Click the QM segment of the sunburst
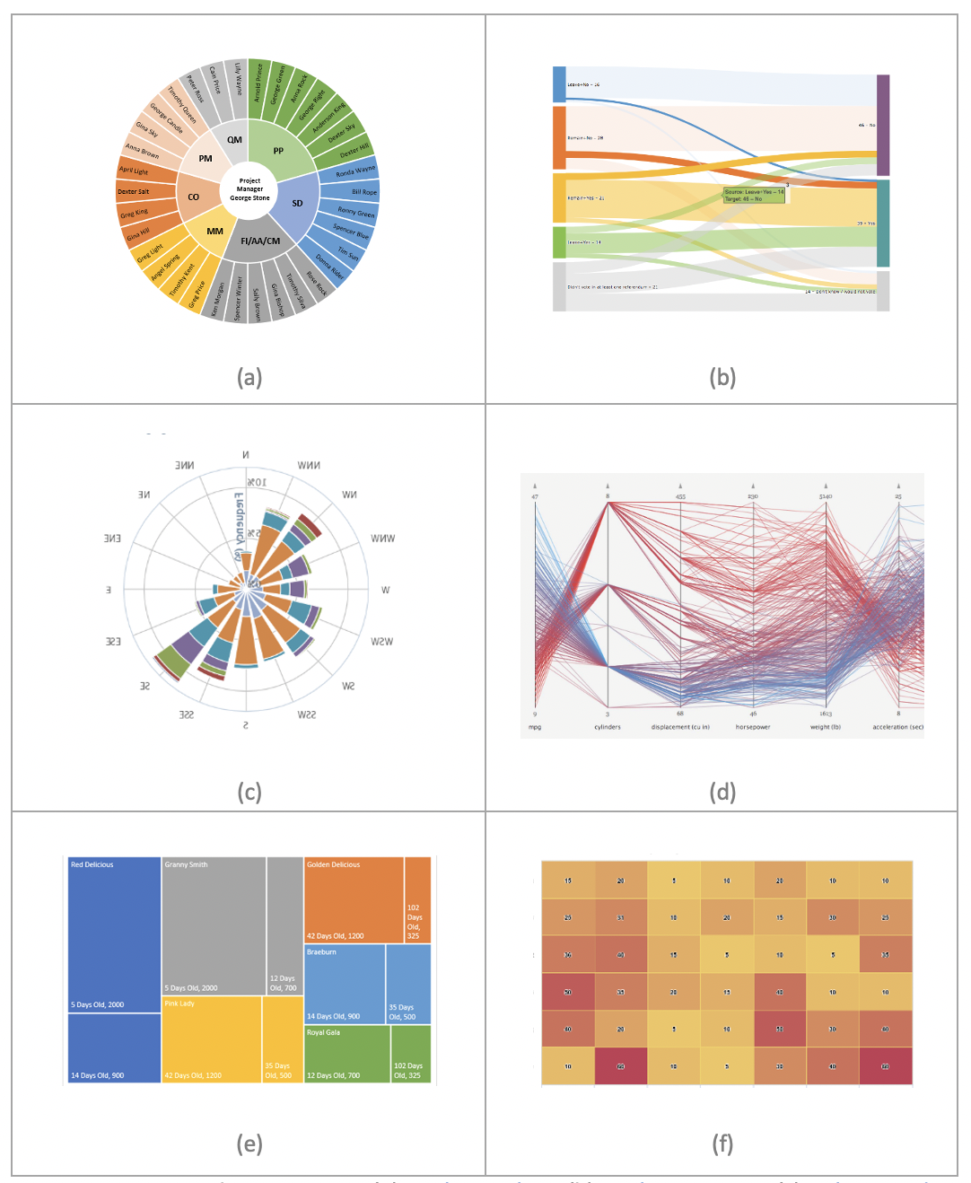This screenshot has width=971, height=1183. (x=234, y=139)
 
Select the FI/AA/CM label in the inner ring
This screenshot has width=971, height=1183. (x=260, y=241)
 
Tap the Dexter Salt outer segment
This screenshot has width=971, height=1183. (x=134, y=191)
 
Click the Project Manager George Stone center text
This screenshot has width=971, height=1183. (x=249, y=189)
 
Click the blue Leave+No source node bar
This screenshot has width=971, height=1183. (x=559, y=84)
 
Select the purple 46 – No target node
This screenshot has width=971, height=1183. (x=883, y=125)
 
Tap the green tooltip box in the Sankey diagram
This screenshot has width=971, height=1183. (x=754, y=195)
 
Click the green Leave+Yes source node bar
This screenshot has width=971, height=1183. (x=559, y=242)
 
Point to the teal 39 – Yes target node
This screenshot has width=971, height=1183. (x=883, y=223)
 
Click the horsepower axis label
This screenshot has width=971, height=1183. (x=753, y=727)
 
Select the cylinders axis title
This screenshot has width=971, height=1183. (x=608, y=727)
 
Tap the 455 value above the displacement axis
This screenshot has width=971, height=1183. (x=680, y=496)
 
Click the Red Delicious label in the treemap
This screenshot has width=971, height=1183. (x=92, y=864)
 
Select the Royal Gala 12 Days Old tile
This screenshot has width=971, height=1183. (x=346, y=1054)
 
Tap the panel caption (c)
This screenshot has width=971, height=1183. (x=249, y=792)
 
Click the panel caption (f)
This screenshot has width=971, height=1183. (x=722, y=1144)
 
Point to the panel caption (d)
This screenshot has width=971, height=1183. (x=722, y=792)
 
